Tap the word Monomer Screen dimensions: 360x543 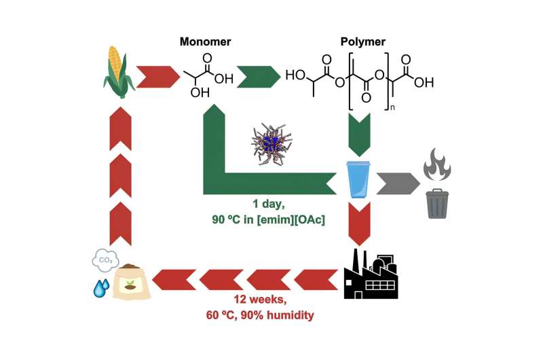[x=205, y=41]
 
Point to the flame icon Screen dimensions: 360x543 [x=438, y=164]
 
